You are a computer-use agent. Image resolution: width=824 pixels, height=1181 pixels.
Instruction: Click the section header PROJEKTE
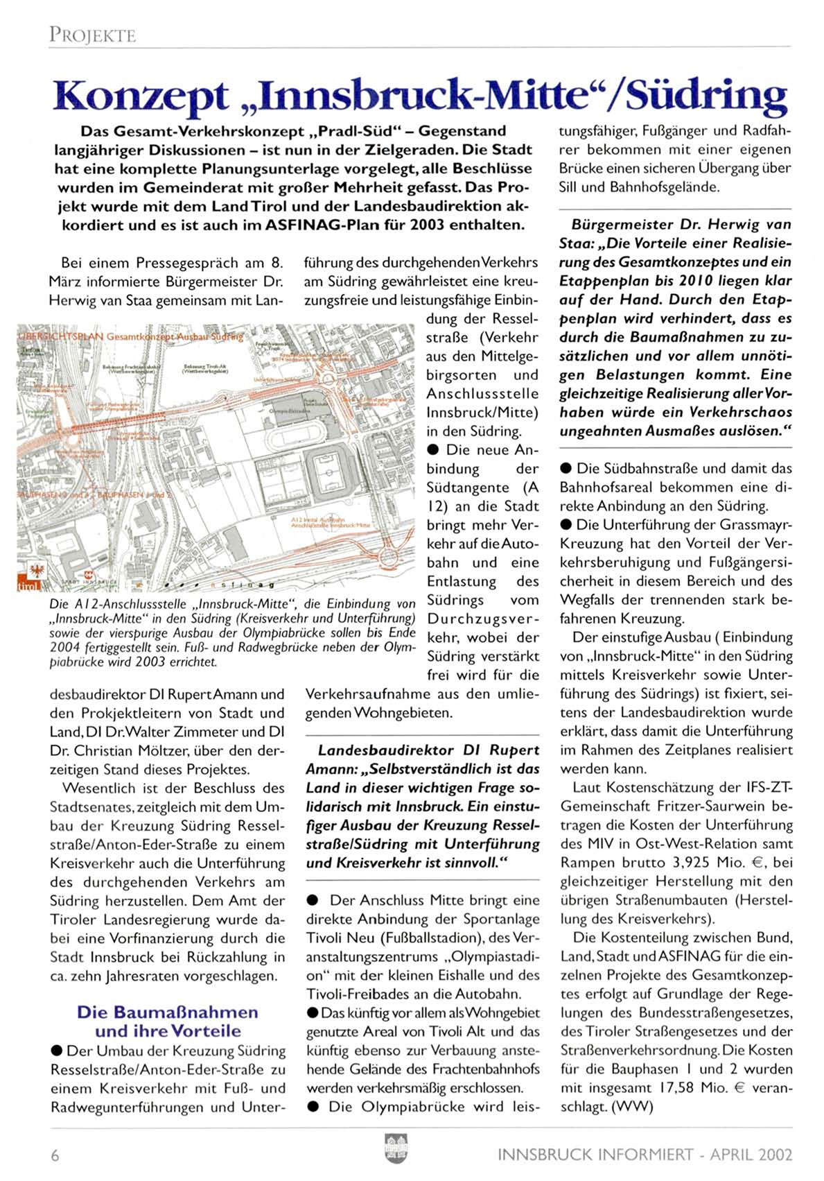[92, 35]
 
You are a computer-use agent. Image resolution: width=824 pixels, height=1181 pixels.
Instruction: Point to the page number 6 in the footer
[54, 1155]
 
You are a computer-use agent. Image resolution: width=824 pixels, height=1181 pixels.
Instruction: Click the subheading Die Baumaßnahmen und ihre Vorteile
[168, 1021]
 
